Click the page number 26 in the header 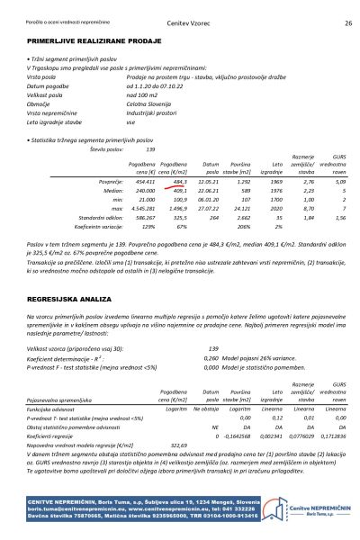[x=348, y=22]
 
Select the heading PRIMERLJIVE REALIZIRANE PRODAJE [x=88, y=42]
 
